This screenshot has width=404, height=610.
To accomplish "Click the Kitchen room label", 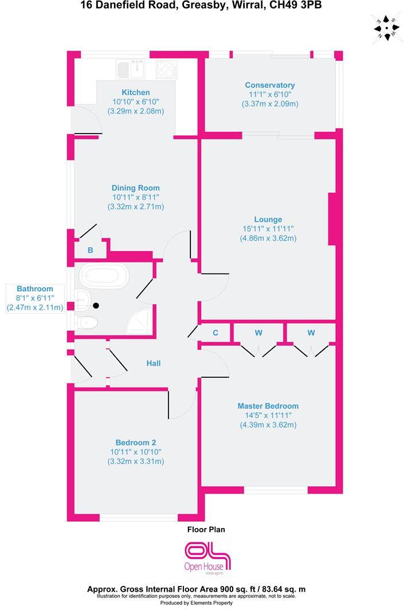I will (136, 92).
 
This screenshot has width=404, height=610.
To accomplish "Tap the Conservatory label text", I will (270, 85).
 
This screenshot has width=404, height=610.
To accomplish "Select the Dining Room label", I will (136, 188).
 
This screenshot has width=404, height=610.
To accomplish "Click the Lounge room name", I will (268, 219).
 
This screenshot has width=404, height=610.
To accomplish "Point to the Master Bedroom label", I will (268, 406).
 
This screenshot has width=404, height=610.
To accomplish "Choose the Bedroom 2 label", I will (136, 443).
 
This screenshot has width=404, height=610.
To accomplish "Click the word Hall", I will (153, 363).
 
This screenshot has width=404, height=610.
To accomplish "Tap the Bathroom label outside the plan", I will (35, 289).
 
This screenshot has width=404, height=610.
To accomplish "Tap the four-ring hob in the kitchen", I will (166, 69).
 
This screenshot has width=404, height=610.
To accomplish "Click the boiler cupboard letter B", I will (90, 250).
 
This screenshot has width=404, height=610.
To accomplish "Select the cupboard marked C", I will (215, 333).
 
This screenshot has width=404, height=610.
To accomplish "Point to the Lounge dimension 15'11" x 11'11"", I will (268, 229).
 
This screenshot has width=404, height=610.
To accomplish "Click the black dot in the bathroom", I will (96, 306).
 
